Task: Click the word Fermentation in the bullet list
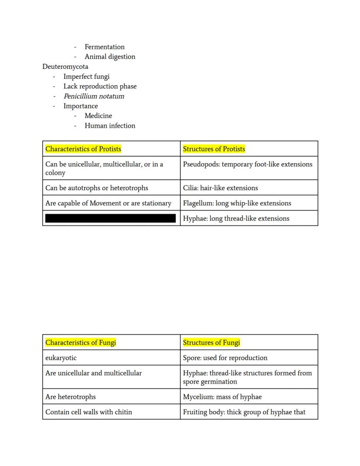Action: tap(104, 47)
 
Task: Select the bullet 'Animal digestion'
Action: tap(110, 57)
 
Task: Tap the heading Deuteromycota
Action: tap(65, 67)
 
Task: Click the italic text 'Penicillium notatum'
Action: tap(93, 96)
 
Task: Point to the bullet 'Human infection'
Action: tap(110, 126)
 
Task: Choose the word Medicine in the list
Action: tap(98, 116)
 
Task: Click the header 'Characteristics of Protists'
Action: tap(83, 149)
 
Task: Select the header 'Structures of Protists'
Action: tap(214, 149)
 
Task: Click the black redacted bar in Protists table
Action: tap(110, 218)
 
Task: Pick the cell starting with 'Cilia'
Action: tap(220, 188)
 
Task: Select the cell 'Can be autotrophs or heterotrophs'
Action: tap(97, 188)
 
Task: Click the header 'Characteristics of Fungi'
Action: tap(80, 342)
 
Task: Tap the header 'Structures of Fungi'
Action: tap(211, 342)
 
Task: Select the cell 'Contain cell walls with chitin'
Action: tap(89, 412)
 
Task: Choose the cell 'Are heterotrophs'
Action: tap(70, 397)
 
